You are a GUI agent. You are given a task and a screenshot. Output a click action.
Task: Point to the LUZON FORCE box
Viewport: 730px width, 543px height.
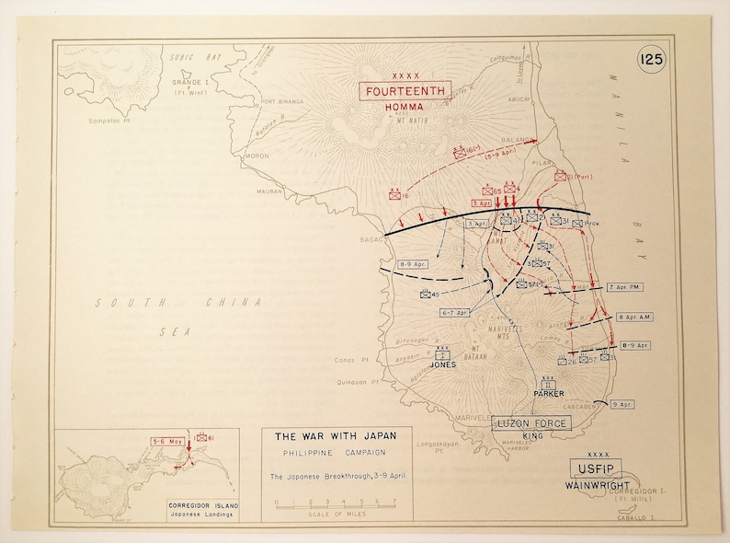coord(531,422)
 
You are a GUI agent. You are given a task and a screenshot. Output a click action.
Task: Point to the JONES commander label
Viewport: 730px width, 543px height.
coord(443,364)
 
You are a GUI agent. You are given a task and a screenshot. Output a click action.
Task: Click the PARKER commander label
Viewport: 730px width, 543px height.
coord(549,393)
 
